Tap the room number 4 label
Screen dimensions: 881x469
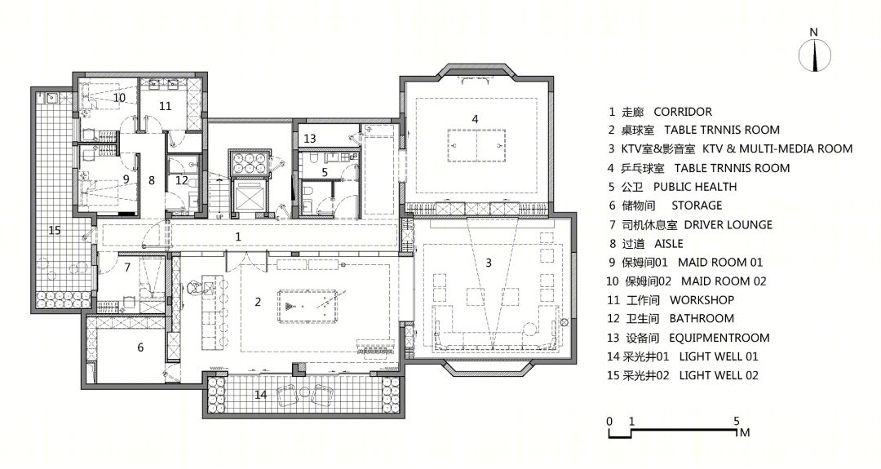(476, 119)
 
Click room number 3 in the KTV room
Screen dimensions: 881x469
(489, 263)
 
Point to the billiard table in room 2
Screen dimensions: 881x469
(308, 306)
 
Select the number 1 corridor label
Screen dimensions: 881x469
(237, 237)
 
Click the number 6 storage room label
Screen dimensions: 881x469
(140, 347)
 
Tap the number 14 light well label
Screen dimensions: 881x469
(261, 394)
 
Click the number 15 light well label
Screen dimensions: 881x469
(55, 230)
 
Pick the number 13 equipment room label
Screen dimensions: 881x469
(310, 138)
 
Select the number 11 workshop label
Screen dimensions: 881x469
(165, 105)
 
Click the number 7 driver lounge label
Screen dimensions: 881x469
(127, 268)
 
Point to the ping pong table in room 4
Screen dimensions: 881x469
(476, 145)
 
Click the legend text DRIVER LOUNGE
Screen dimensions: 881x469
(728, 224)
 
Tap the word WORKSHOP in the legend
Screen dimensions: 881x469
(702, 300)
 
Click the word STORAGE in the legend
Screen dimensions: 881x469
(697, 206)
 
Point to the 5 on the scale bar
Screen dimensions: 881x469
(737, 421)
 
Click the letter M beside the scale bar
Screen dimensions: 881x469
(745, 432)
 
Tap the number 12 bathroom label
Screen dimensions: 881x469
(181, 180)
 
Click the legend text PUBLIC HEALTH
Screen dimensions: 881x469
(695, 187)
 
